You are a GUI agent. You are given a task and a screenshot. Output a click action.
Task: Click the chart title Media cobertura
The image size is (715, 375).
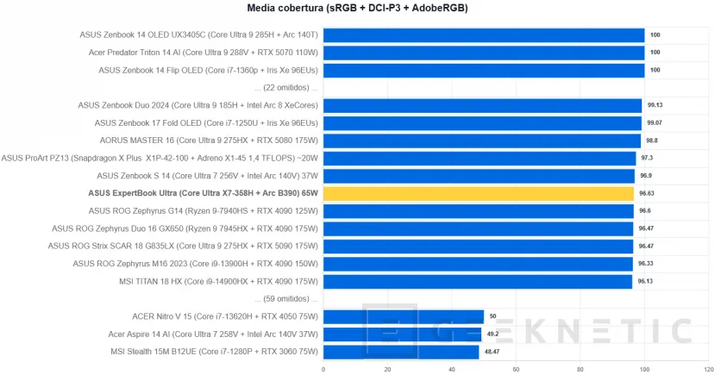click(357, 9)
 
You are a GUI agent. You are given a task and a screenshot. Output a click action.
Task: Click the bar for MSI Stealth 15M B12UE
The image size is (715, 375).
click(400, 352)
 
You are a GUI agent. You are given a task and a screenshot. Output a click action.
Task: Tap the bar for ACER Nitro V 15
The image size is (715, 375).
click(403, 316)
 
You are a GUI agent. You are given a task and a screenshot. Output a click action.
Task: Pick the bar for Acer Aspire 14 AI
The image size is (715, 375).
click(402, 334)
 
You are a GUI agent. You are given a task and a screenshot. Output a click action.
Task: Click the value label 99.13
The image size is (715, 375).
click(655, 105)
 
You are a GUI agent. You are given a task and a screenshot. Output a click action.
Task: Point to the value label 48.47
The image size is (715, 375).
click(492, 352)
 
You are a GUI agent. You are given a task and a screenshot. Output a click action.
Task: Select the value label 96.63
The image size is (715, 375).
click(647, 193)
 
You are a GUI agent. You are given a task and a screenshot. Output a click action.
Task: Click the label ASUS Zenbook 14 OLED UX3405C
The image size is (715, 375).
click(198, 35)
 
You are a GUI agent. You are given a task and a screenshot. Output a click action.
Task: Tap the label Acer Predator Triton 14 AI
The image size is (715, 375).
click(198, 53)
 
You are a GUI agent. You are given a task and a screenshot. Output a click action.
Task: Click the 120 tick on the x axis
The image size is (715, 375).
click(708, 368)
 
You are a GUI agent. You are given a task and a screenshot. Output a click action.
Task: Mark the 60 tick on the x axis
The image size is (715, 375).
click(516, 368)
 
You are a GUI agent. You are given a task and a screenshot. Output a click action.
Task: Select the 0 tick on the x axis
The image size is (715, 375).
click(323, 368)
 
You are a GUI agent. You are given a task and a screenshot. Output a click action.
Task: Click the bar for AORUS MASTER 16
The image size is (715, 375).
click(481, 141)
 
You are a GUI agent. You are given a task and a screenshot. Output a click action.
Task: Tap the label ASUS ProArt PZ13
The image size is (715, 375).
click(160, 158)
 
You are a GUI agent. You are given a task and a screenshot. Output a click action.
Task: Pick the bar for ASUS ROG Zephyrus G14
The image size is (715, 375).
click(479, 210)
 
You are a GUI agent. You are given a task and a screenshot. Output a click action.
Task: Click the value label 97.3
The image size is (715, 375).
click(646, 158)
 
